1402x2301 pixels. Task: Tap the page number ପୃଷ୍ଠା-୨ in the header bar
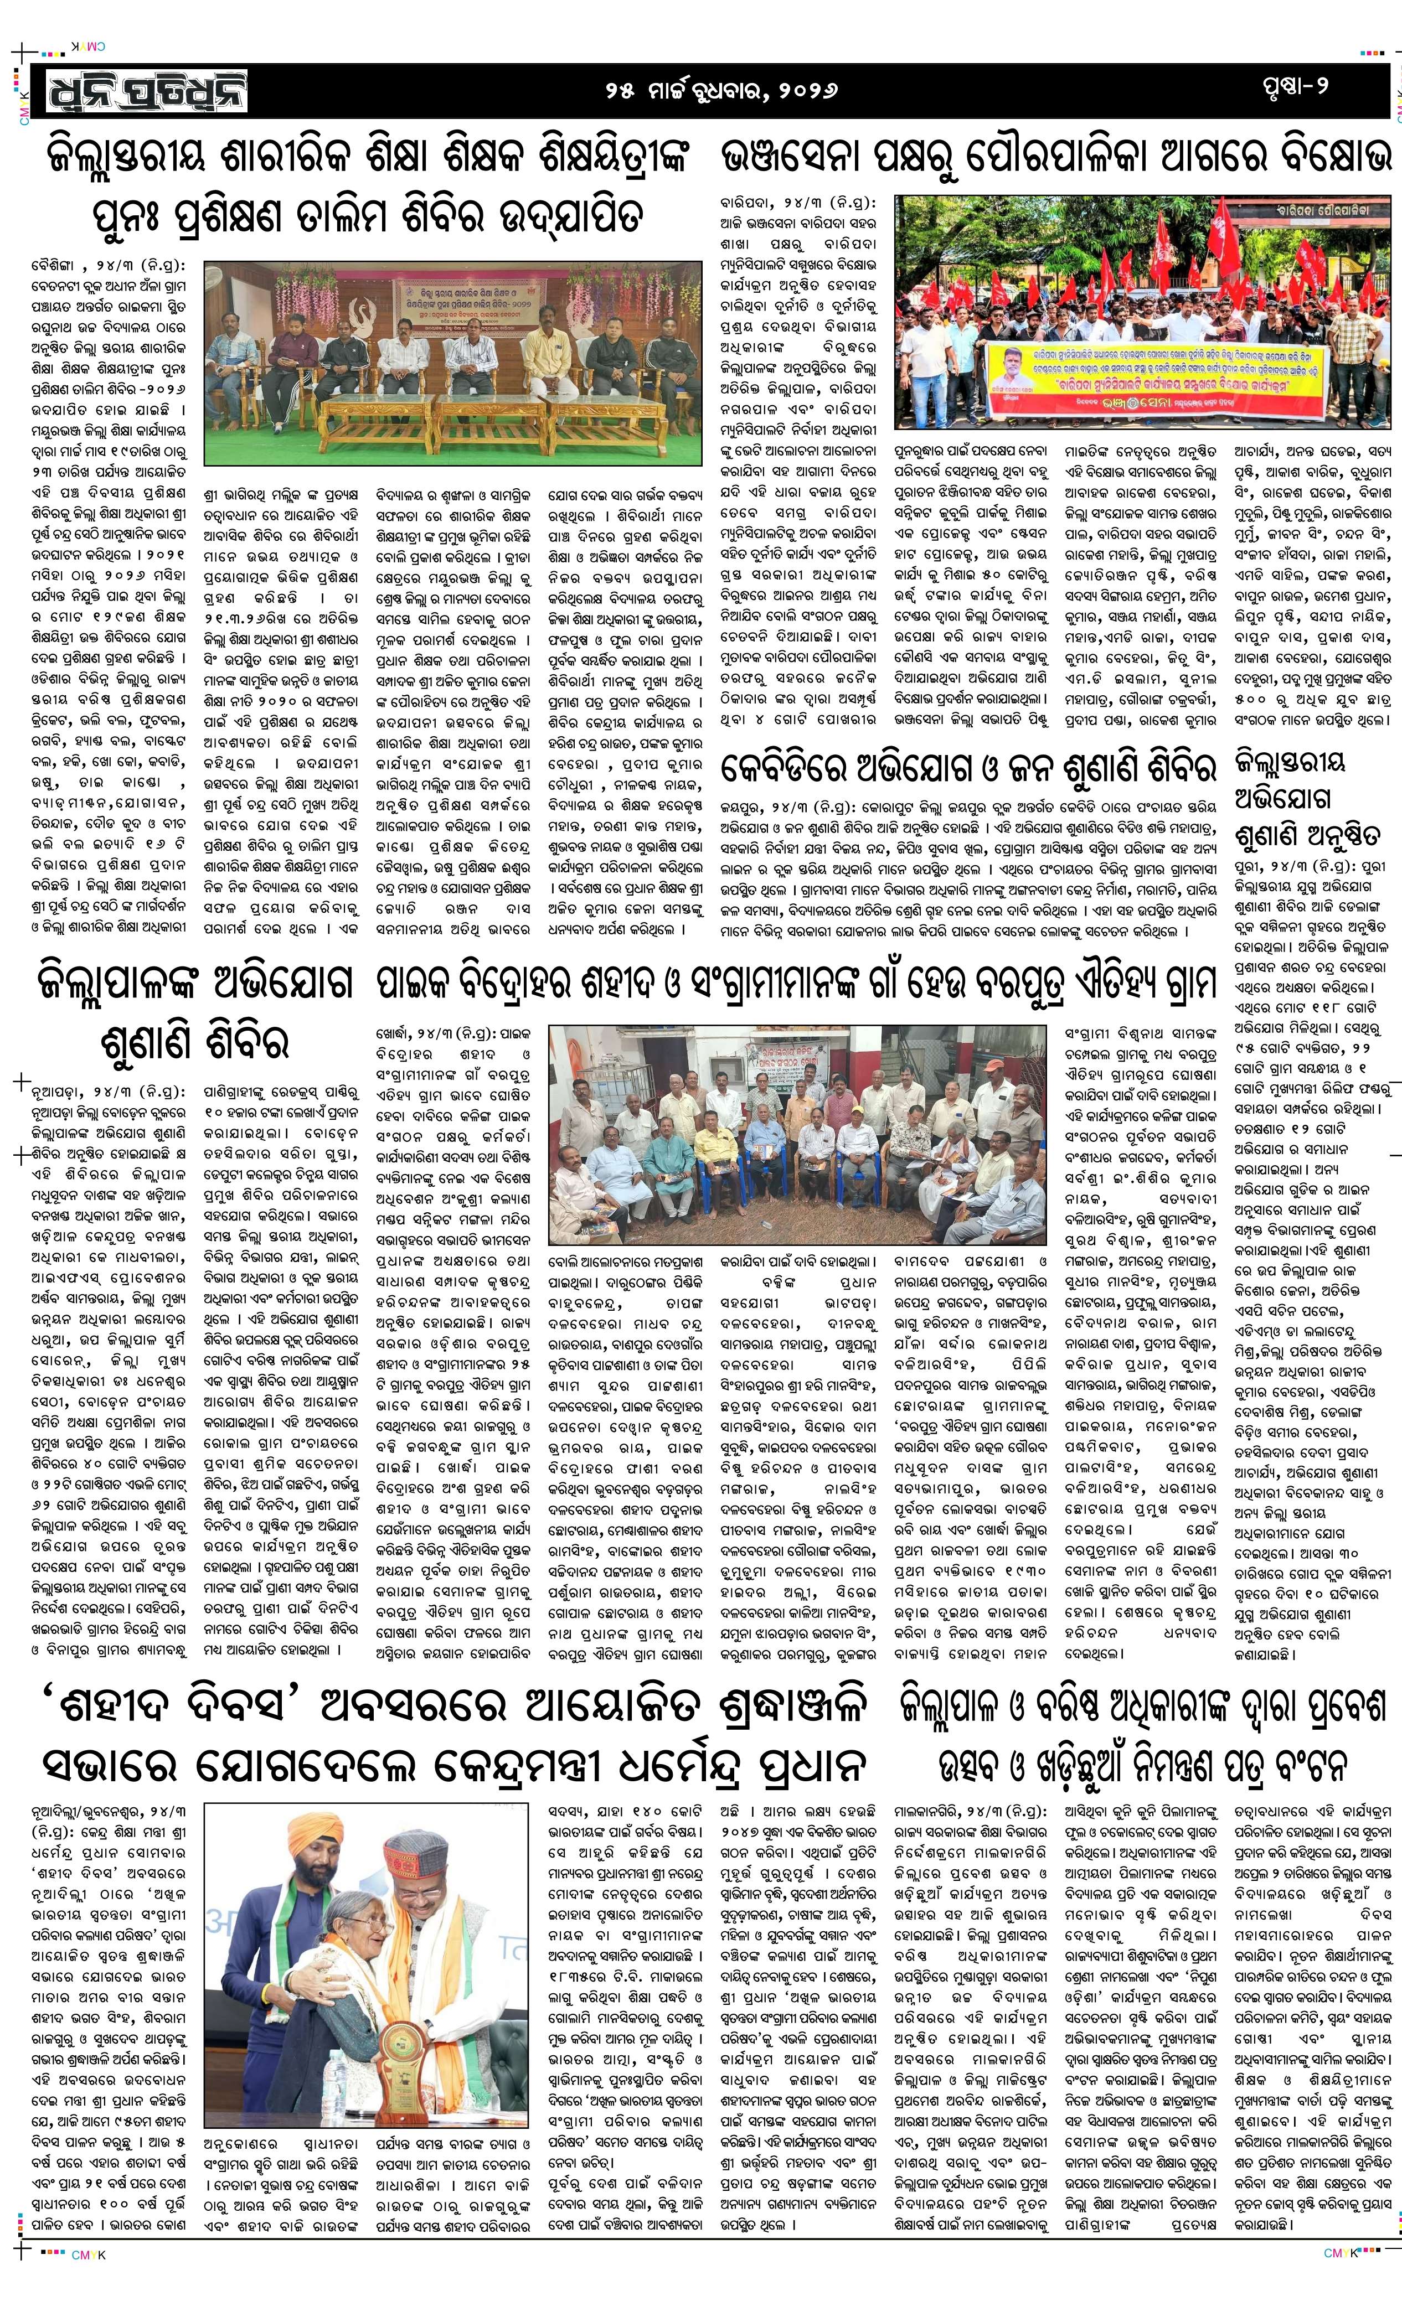click(1293, 86)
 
